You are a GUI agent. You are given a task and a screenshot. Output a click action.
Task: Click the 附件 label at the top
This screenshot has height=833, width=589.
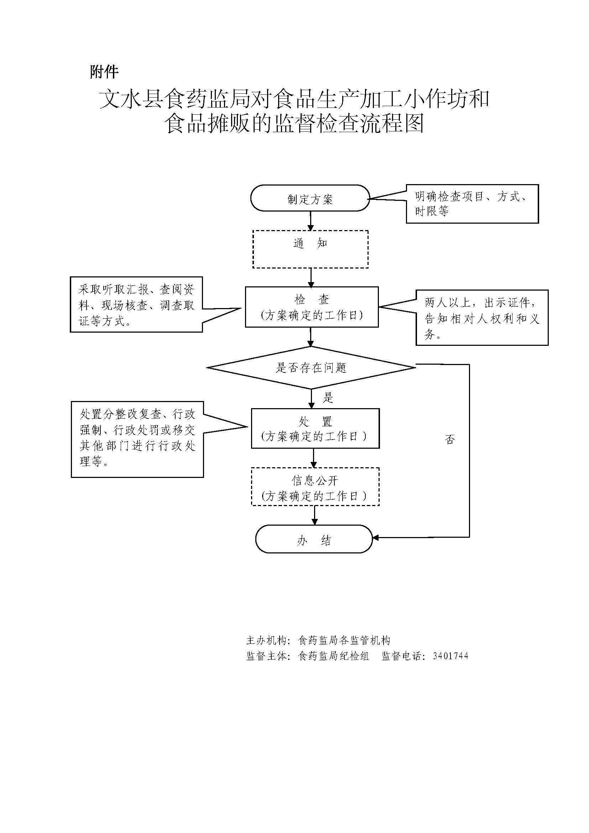point(104,72)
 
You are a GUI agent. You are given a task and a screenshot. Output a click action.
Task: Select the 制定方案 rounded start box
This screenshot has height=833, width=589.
point(310,198)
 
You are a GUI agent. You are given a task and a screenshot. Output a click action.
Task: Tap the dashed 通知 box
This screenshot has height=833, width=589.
point(311,249)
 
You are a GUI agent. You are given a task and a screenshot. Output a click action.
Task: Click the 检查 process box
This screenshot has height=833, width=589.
point(312,307)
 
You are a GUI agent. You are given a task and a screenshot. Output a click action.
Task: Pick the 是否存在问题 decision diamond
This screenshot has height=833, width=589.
point(311,368)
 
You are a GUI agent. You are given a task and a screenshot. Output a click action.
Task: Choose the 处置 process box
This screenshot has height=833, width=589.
point(315,428)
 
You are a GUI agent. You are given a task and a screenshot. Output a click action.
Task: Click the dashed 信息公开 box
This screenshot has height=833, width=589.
point(315,487)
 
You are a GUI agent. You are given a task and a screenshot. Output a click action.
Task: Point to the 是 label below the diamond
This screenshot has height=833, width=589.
point(328,398)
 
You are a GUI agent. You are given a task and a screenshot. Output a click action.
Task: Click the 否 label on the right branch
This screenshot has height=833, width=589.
point(450,439)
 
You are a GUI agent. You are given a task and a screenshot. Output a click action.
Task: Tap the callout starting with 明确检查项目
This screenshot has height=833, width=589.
point(472,204)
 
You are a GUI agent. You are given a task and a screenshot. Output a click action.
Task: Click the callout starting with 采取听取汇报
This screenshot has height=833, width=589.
point(136,305)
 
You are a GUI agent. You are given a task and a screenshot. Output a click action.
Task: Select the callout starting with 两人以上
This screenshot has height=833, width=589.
point(482,318)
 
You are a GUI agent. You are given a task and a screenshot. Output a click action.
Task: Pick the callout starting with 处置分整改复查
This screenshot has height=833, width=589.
point(137,439)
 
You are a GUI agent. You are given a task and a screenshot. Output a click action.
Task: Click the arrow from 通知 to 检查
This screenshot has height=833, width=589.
point(311,277)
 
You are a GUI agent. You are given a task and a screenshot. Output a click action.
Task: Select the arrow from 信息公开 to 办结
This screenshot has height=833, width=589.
point(314,515)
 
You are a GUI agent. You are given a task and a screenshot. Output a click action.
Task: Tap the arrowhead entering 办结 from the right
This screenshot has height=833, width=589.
point(376,538)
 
